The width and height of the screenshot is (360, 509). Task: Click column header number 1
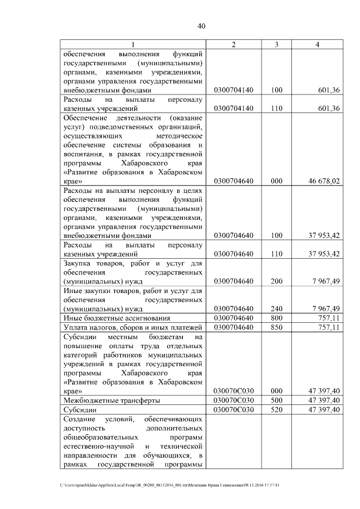click(133, 44)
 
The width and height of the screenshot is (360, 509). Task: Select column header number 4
click(318, 44)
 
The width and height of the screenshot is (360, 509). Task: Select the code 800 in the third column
click(276, 319)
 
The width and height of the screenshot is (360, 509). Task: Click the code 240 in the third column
click(276, 309)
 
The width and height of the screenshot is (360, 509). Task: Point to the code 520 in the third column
click(276, 409)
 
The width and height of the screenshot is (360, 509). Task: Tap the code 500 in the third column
click(276, 400)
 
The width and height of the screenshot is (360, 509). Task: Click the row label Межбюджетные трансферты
click(111, 400)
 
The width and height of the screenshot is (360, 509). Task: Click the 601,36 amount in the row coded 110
click(329, 109)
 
